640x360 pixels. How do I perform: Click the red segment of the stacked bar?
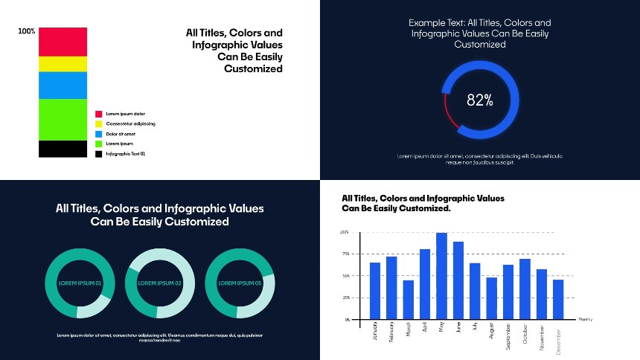[x=63, y=42]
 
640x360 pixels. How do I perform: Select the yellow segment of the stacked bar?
[x=63, y=64]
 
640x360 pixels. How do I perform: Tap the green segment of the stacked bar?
[x=63, y=119]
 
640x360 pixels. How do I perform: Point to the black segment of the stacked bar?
[x=63, y=149]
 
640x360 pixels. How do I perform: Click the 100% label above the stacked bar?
[x=27, y=31]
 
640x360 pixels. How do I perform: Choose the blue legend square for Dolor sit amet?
[x=98, y=134]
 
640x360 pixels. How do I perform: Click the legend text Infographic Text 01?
[x=126, y=153]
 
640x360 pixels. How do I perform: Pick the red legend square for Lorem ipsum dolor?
[x=98, y=114]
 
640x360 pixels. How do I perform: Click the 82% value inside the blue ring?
[x=479, y=100]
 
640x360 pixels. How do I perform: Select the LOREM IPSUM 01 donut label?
[x=80, y=283]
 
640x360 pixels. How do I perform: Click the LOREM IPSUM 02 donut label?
[x=160, y=283]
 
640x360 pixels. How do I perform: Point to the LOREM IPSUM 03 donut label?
[x=240, y=283]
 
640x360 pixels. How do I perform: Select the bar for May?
[x=441, y=276]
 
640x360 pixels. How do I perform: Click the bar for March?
[x=408, y=300]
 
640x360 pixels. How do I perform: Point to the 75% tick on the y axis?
[x=345, y=254]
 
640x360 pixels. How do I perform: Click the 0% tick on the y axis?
[x=346, y=319]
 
